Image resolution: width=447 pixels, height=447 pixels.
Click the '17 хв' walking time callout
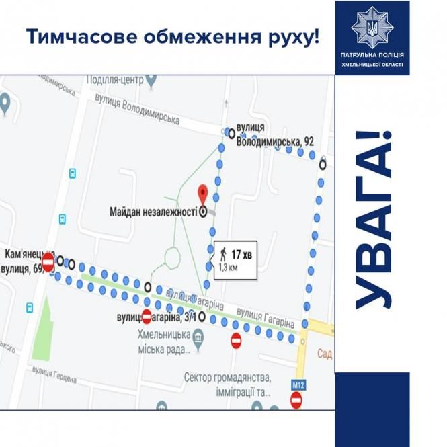click(236, 254)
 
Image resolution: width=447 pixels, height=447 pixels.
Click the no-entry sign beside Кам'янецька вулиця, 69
click(48, 261)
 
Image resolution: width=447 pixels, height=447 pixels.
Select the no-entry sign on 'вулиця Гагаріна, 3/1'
click(147, 316)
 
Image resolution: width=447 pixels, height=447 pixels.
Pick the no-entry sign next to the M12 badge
click(296, 401)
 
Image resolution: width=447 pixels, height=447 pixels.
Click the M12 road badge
click(298, 384)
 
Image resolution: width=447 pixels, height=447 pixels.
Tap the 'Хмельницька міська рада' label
click(161, 343)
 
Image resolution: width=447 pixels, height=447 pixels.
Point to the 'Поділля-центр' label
click(116, 79)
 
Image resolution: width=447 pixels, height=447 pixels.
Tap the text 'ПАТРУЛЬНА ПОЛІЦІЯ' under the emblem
click(372, 55)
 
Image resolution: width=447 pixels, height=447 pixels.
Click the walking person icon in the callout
click(223, 254)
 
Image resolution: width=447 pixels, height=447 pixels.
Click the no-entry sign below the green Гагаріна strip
click(236, 341)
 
